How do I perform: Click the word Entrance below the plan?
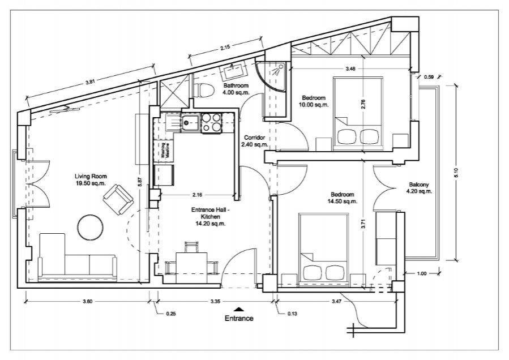coord(239,318)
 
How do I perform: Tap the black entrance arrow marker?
coord(239,309)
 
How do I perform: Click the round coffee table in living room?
coord(91,228)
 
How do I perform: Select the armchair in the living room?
coord(118,199)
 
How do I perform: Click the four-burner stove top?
coord(211,123)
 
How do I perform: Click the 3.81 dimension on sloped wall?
coord(89,83)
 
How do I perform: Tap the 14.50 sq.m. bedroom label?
coord(343,198)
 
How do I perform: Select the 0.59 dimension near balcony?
coord(429,77)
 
